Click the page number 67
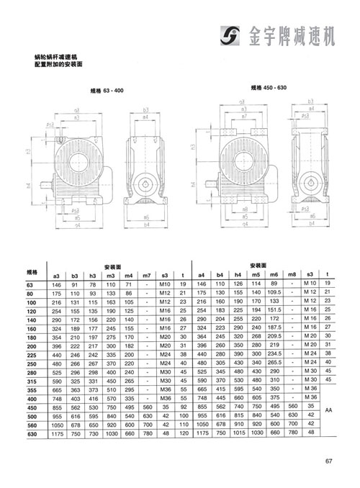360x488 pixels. click(x=328, y=462)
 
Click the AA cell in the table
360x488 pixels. click(x=328, y=409)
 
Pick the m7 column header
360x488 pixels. click(x=146, y=275)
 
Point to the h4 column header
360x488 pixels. click(x=238, y=275)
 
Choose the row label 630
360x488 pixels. click(x=32, y=434)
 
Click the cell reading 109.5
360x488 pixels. click(x=274, y=294)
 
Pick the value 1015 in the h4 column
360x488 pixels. click(x=238, y=434)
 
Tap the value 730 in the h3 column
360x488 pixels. click(x=92, y=434)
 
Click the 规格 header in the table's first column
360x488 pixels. click(x=32, y=271)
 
